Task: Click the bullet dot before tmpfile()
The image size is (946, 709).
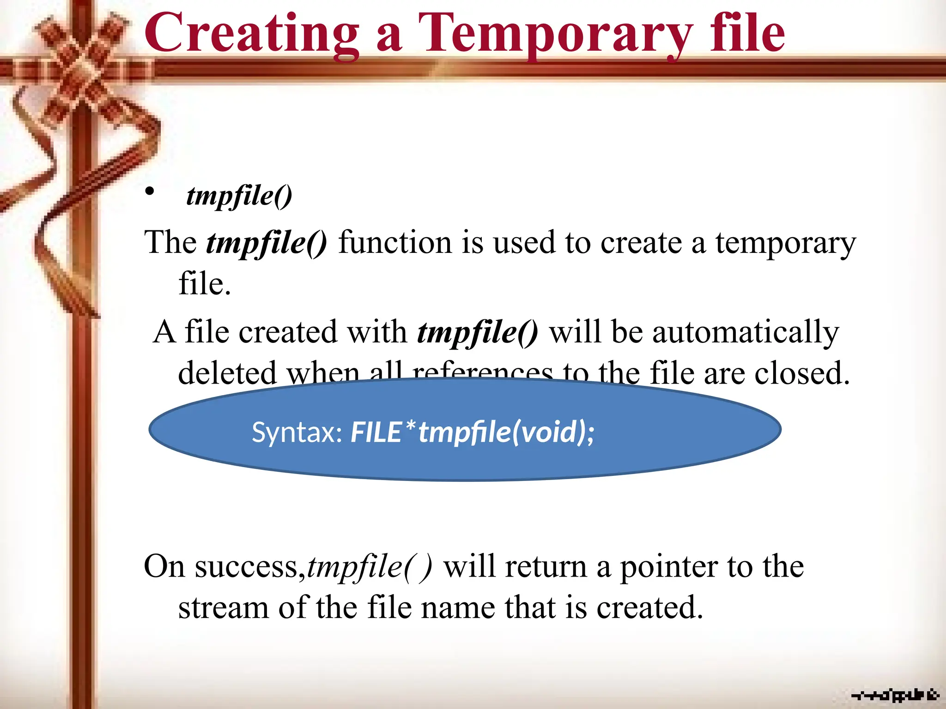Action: (149, 191)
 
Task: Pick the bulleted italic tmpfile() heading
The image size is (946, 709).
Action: (239, 196)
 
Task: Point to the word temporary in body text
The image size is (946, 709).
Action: (785, 244)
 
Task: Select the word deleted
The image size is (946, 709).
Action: (227, 373)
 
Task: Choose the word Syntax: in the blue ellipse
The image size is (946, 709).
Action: (297, 433)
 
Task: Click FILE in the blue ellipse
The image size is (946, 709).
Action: (376, 433)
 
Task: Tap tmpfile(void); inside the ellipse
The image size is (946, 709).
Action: (506, 433)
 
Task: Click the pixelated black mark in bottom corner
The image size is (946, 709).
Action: (895, 695)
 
